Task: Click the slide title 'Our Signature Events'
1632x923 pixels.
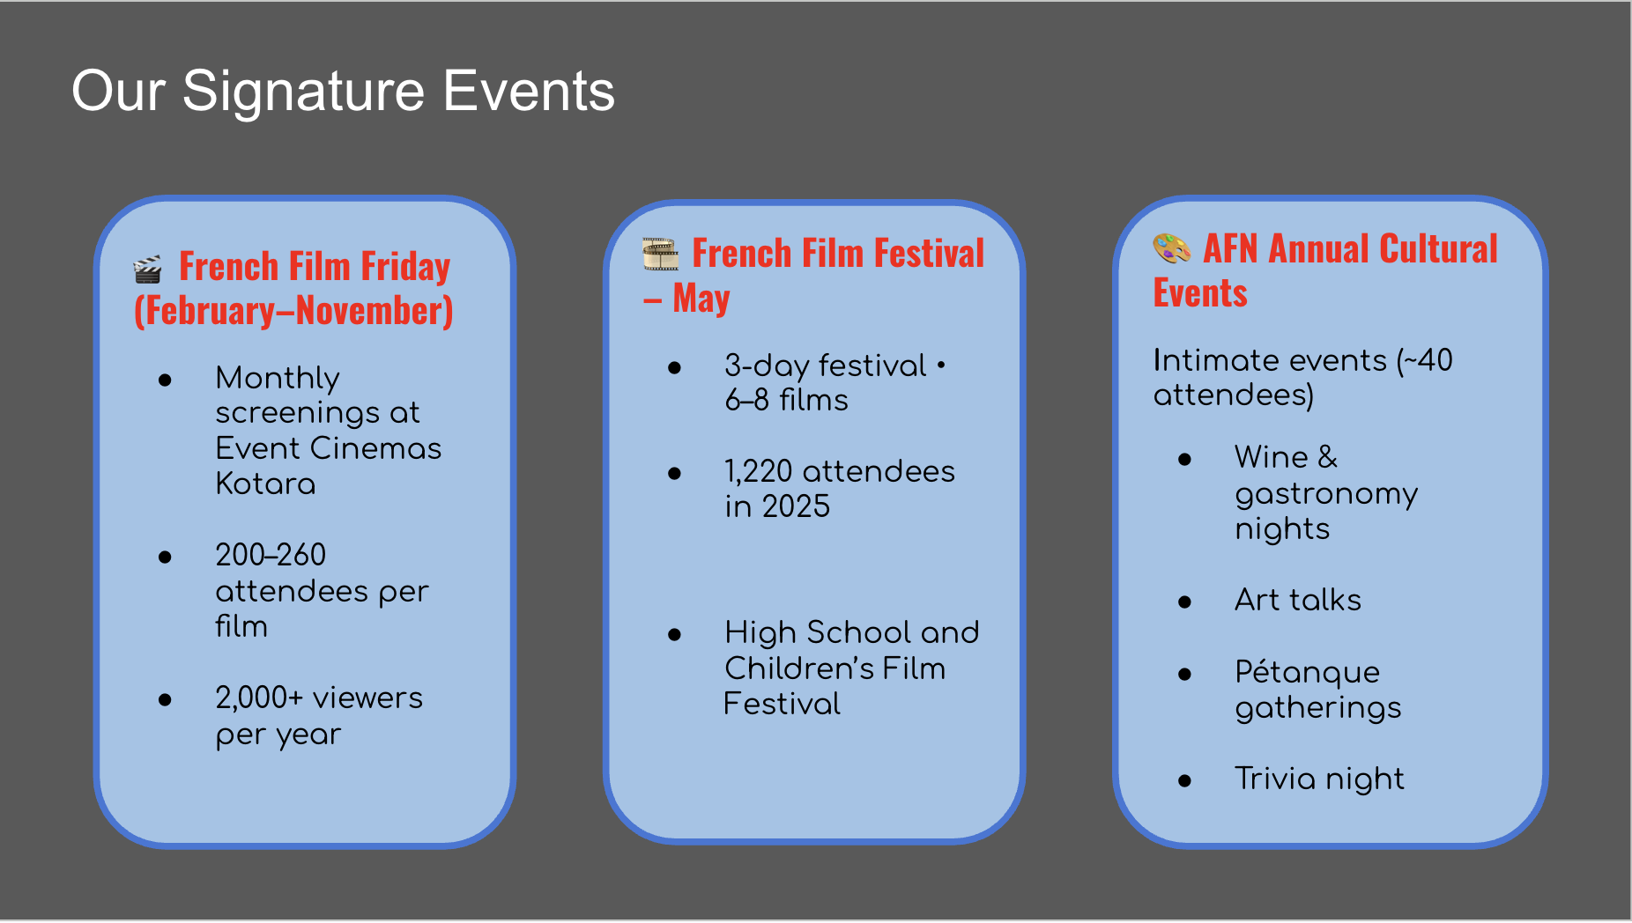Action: (x=343, y=91)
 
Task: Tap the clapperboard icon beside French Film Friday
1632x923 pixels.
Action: (x=147, y=270)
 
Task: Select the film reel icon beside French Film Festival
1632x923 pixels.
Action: (x=660, y=255)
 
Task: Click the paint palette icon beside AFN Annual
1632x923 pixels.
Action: (x=1172, y=249)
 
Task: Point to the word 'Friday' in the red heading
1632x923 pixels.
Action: (x=405, y=267)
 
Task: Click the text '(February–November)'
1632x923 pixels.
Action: (x=293, y=311)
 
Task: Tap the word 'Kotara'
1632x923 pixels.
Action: (x=265, y=484)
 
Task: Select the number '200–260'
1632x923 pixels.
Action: (x=271, y=555)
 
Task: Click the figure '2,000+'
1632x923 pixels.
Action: (x=259, y=698)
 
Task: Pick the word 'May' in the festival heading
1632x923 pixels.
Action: (x=701, y=299)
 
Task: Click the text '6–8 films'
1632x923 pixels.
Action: (x=786, y=400)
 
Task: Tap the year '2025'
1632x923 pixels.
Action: (x=796, y=506)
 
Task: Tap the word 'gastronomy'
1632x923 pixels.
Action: (x=1326, y=494)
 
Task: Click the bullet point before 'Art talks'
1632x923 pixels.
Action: (x=1184, y=602)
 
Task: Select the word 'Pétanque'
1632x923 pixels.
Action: (x=1308, y=672)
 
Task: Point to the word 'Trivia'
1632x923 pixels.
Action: (x=1275, y=779)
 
